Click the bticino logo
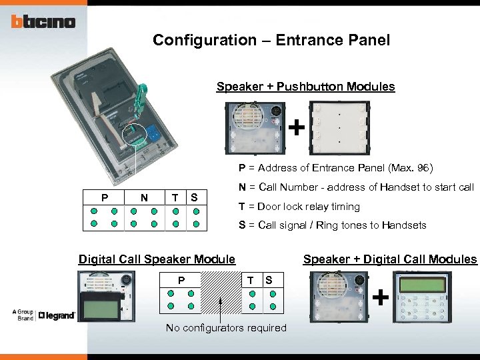click(43, 21)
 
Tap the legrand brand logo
click(57, 315)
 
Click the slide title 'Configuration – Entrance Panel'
click(271, 40)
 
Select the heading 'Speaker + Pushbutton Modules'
click(305, 87)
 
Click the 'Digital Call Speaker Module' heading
click(157, 259)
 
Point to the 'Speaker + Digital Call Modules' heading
click(390, 259)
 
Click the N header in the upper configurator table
click(144, 198)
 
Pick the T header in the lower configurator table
click(251, 281)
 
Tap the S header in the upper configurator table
click(194, 198)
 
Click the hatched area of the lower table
click(221, 293)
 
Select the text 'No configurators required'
click(226, 328)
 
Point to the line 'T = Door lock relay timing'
click(299, 207)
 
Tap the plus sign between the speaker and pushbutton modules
click(297, 127)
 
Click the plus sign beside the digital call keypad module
click(381, 297)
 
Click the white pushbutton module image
click(339, 128)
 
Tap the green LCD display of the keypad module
click(423, 285)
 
